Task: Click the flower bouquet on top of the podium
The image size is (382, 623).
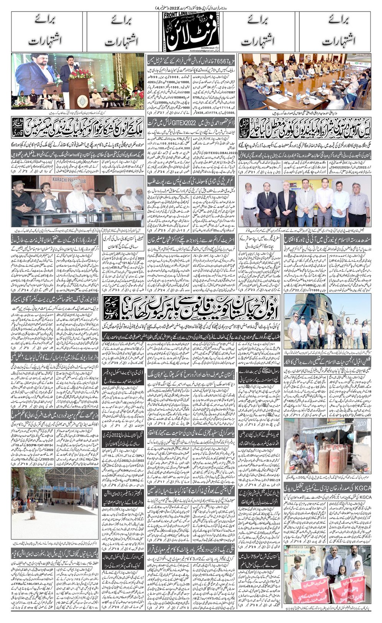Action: click(x=80, y=73)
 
